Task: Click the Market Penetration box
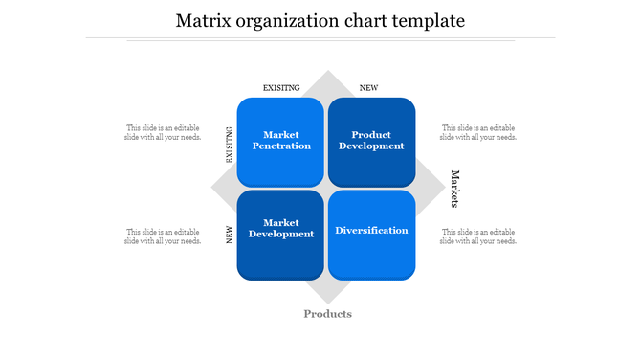[279, 141]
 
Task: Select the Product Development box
[372, 141]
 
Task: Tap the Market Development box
[279, 234]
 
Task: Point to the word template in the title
[423, 20]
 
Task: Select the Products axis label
[327, 314]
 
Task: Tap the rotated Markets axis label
[455, 189]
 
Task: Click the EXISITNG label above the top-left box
[281, 88]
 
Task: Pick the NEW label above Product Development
[368, 88]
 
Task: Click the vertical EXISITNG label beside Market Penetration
[230, 145]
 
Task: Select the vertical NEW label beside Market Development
[230, 235]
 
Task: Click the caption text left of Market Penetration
[163, 132]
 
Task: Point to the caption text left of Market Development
[163, 236]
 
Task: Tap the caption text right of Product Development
[478, 132]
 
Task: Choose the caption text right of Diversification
[478, 236]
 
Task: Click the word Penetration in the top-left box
[280, 146]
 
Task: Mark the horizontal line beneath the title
[320, 38]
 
